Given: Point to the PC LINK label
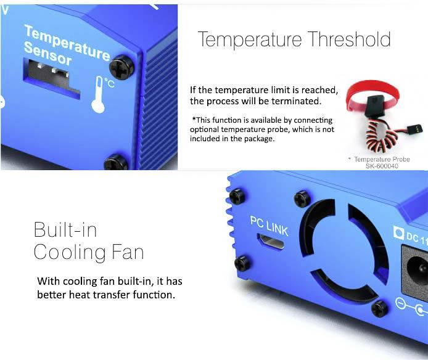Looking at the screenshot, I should point(268,224).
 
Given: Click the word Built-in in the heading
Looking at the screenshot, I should point(65,230).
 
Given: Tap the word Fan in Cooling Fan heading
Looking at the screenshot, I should point(128,252).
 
